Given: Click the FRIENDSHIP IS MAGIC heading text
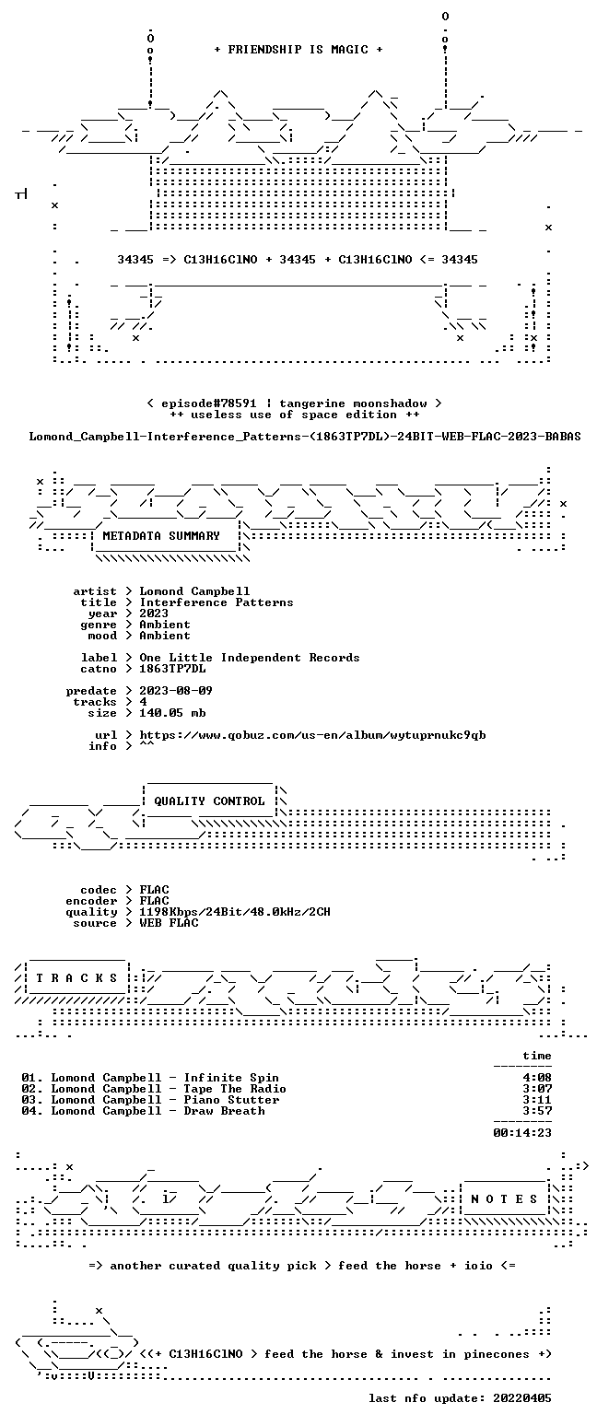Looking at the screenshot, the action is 298,50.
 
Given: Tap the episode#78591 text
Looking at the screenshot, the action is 209,403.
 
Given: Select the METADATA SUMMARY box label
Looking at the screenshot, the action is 161,536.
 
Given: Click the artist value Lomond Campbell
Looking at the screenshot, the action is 194,591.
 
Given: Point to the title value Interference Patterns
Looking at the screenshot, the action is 217,602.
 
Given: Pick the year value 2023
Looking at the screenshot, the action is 154,614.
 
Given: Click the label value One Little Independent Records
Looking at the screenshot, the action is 250,658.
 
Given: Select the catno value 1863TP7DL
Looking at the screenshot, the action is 172,669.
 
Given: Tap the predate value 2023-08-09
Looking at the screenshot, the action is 176,691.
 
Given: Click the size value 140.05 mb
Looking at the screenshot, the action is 172,713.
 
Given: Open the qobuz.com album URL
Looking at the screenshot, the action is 312,735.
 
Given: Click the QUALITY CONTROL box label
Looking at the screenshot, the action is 209,801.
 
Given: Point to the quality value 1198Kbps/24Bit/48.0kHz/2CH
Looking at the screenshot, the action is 235,912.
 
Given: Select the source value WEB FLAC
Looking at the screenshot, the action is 169,923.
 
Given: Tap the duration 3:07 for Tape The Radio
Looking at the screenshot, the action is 537,1089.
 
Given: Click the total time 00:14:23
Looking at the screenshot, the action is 522,1133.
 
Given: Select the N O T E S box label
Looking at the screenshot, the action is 504,1199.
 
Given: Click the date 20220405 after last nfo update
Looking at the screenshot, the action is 522,1398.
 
